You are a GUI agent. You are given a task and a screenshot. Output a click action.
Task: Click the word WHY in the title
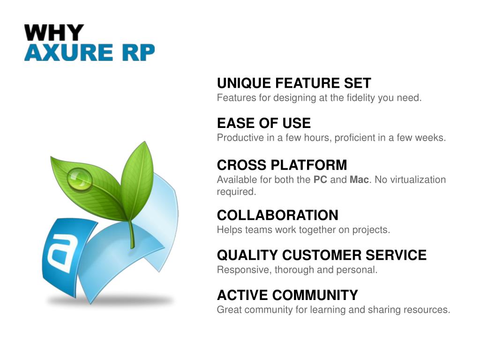point(54,33)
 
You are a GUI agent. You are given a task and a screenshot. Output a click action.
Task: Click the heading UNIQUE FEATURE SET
point(294,83)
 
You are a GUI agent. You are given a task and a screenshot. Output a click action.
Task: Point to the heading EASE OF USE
point(263,123)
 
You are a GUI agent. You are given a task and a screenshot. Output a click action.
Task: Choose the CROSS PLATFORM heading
point(282,165)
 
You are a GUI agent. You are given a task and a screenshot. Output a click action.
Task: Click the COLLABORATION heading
point(277,215)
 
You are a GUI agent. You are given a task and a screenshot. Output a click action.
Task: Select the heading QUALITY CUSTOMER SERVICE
point(322,255)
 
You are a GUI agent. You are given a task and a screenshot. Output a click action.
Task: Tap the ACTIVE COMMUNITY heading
point(287,295)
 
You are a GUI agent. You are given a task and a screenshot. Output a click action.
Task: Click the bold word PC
point(320,180)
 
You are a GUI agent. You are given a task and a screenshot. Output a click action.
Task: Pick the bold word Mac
point(359,180)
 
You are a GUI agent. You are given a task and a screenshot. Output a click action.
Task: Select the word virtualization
point(416,180)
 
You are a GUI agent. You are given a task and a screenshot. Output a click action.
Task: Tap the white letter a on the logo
point(60,253)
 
